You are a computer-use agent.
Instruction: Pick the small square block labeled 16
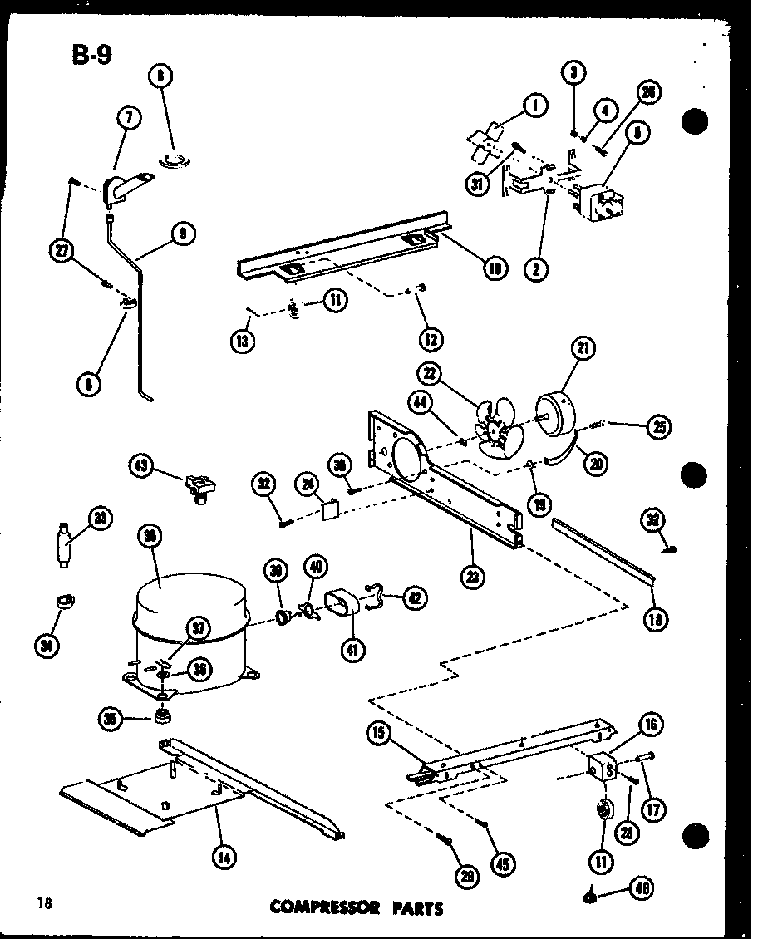604,768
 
